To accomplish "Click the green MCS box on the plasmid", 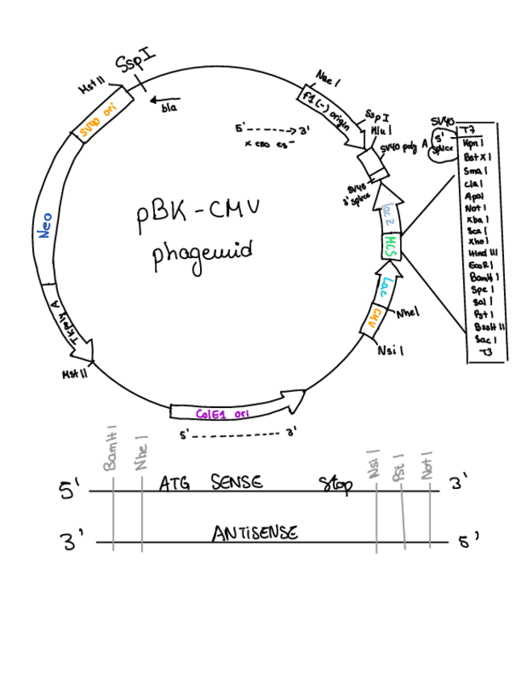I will (x=390, y=243).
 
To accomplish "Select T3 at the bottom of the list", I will (x=485, y=352).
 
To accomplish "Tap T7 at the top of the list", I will (x=466, y=130).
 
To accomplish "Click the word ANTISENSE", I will (x=255, y=533).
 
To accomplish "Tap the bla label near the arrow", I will (x=169, y=107).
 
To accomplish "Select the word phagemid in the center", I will (x=202, y=253).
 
